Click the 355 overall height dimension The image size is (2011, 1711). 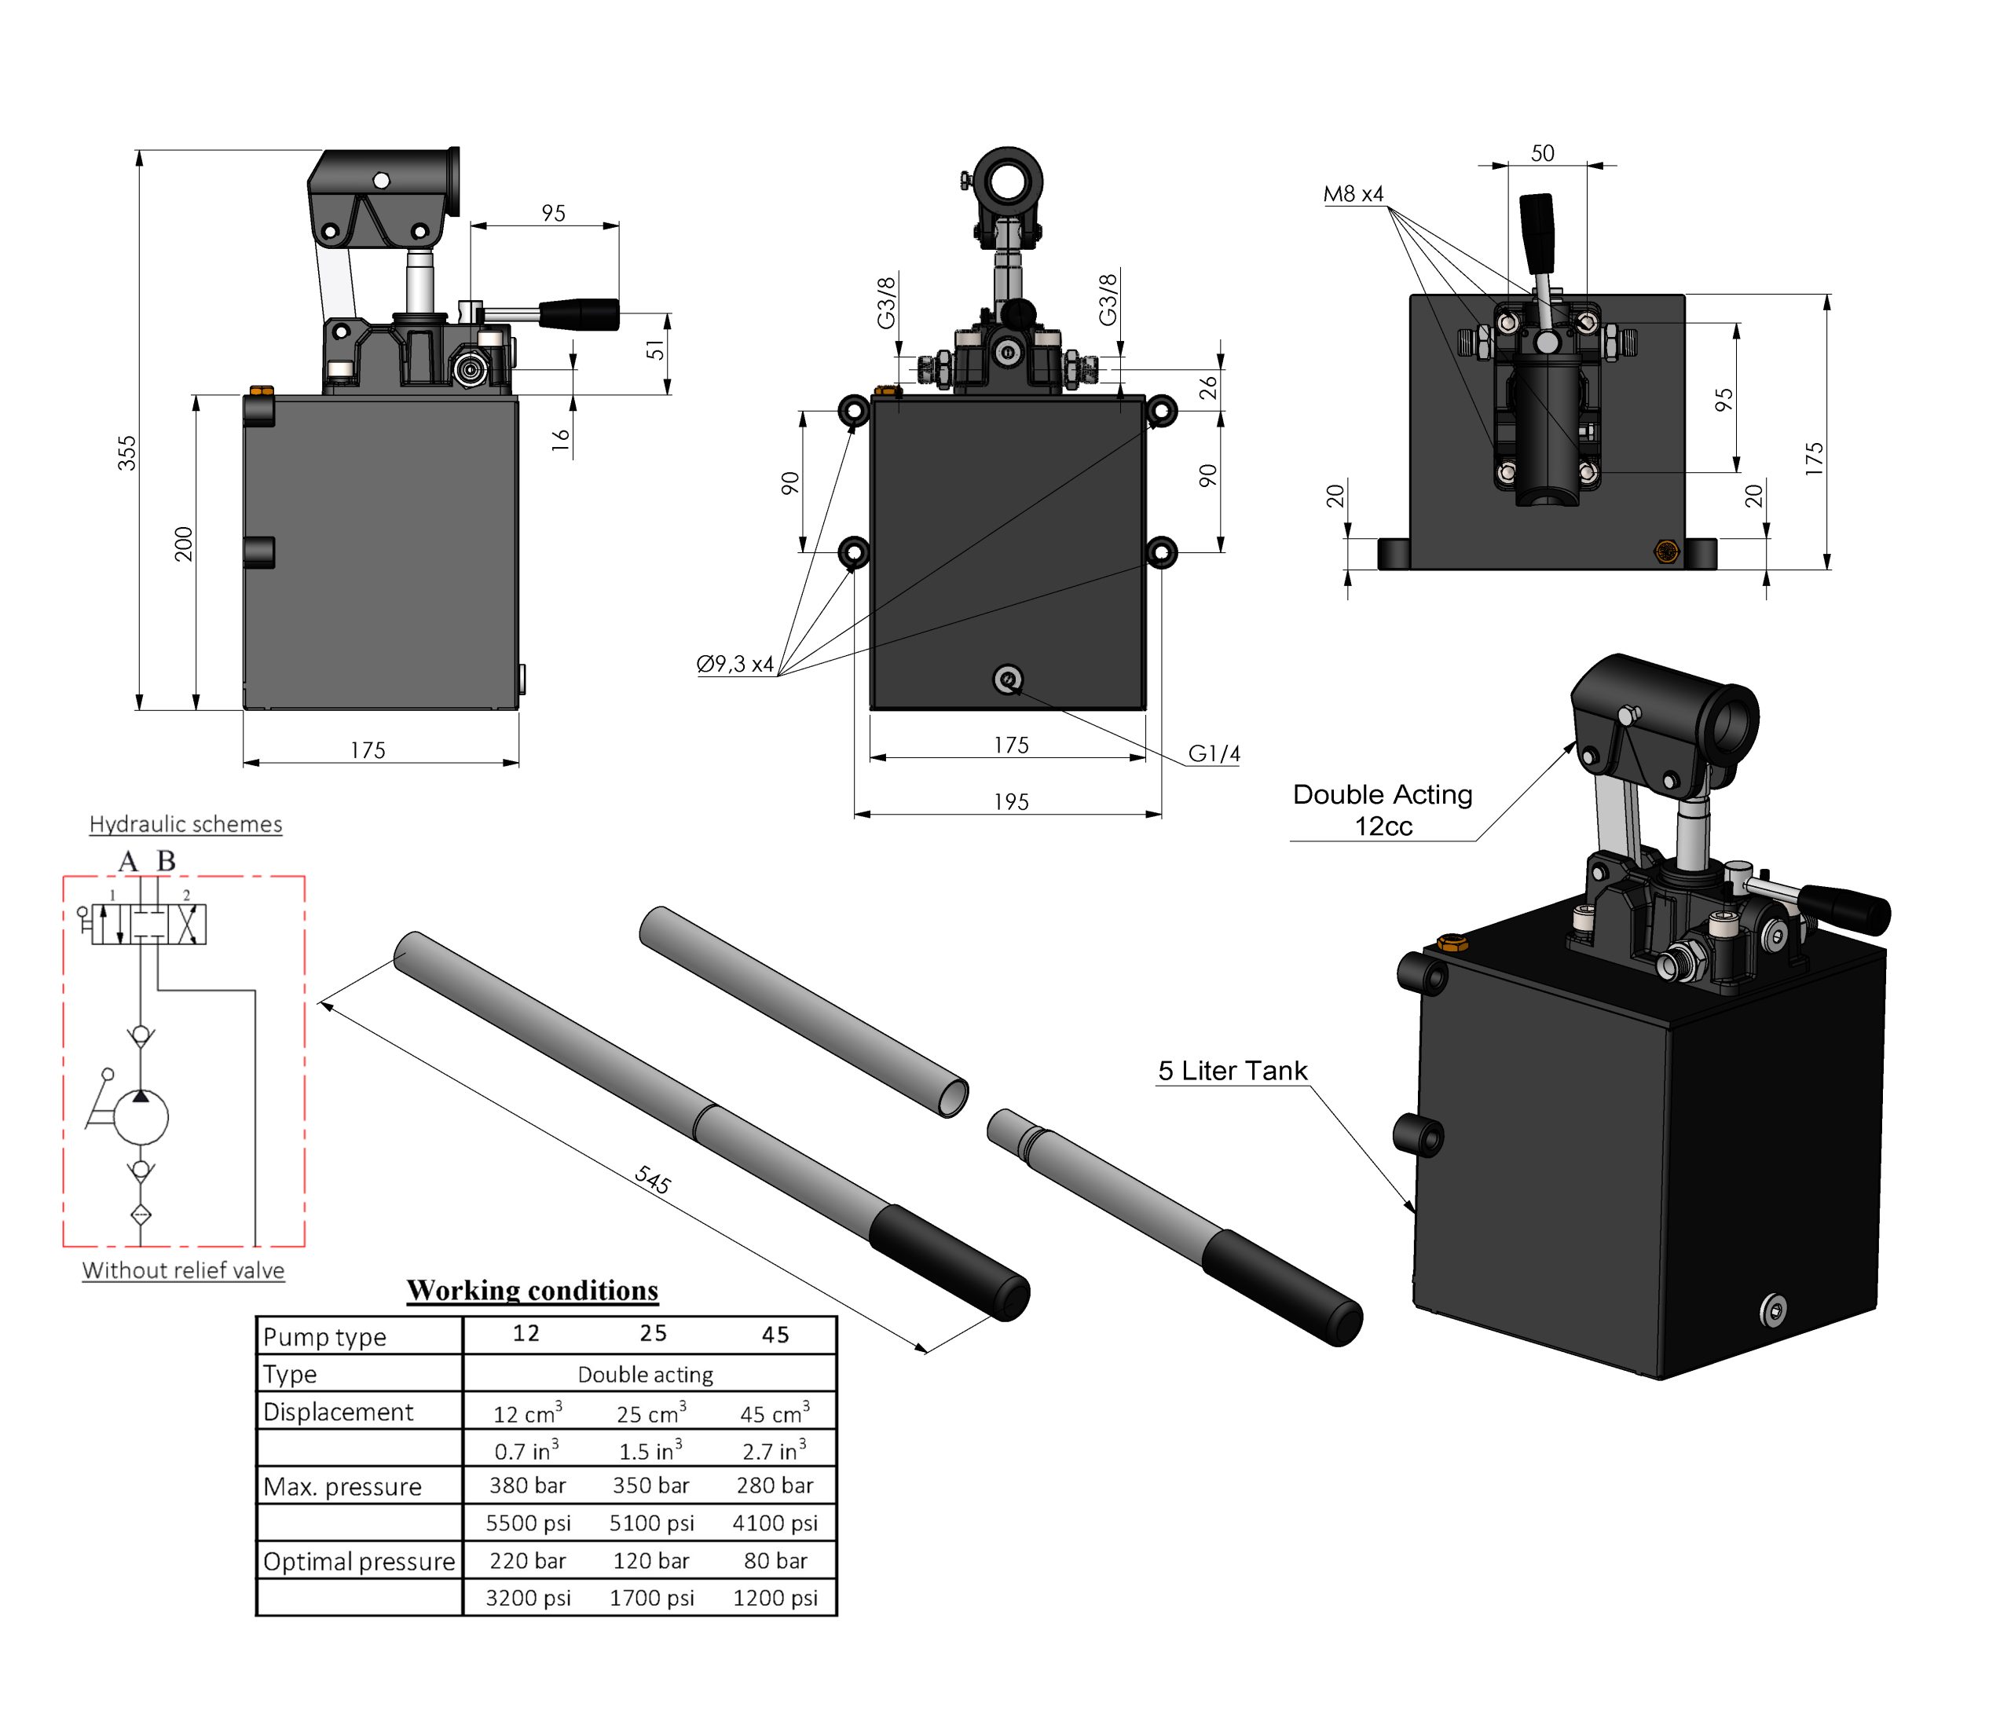[127, 453]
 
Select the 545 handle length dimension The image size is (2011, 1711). [652, 1179]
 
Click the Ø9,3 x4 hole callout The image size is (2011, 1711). [734, 665]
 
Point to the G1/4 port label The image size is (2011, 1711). [1214, 753]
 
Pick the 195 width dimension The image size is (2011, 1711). [1010, 802]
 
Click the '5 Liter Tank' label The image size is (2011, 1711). [1232, 1071]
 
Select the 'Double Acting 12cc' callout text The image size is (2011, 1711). [1383, 810]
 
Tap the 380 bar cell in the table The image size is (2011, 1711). [527, 1485]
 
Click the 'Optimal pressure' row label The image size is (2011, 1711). [358, 1562]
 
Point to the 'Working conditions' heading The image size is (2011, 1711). [532, 1290]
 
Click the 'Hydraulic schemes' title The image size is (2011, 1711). [185, 824]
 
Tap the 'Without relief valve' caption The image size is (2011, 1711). [183, 1270]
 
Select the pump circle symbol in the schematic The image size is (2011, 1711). [141, 1117]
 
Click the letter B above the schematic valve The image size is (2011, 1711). [166, 860]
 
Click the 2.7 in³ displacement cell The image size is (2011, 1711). [774, 1450]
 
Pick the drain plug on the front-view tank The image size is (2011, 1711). [1008, 679]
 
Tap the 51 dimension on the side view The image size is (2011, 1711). [656, 349]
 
